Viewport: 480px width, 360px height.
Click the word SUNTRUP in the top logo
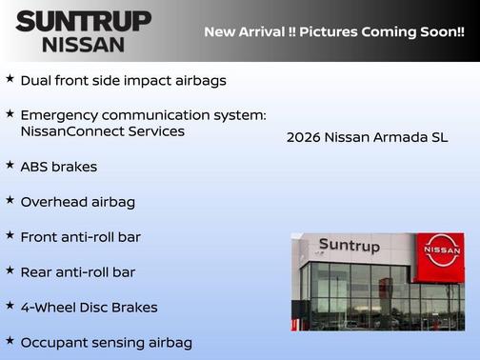coord(83,20)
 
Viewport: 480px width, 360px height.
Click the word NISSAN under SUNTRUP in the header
coord(83,44)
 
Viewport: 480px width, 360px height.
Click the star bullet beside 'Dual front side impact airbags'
coord(10,79)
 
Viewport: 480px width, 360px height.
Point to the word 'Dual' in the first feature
coord(37,81)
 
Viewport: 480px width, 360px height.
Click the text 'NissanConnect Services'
coord(102,131)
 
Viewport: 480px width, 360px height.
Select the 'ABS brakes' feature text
coord(59,167)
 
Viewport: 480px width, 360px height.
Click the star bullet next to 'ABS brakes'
coord(10,165)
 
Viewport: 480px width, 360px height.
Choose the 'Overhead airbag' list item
coord(78,202)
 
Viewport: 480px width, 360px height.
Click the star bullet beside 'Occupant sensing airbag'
coord(10,340)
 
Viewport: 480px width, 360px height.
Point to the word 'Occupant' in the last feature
coord(55,343)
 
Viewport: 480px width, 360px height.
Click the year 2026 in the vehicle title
coord(304,138)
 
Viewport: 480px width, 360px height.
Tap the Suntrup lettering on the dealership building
coord(349,246)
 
